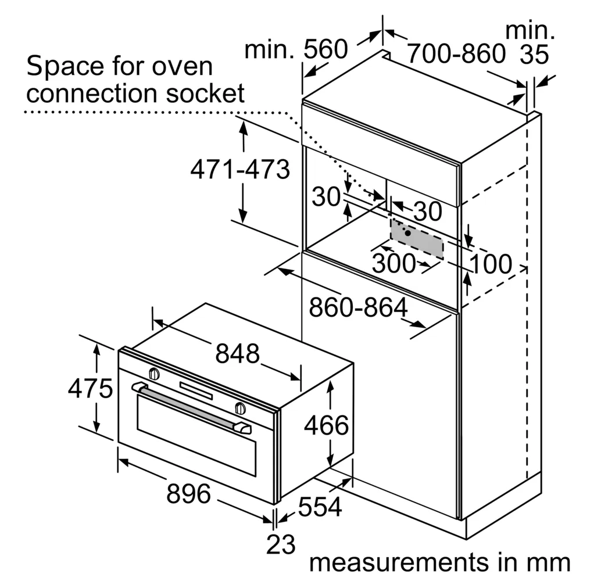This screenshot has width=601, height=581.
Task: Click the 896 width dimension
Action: coord(188,493)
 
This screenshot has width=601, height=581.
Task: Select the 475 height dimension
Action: coord(91,388)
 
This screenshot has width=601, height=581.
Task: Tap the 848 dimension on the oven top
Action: coord(238,353)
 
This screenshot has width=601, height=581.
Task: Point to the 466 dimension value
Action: coord(327,425)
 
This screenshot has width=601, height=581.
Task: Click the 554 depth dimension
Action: coord(320,507)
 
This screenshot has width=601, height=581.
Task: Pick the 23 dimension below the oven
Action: coord(281,544)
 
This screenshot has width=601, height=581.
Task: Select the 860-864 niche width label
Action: coord(359,307)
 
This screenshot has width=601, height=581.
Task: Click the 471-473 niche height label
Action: coord(240,170)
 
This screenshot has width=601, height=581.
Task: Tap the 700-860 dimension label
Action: coord(456,53)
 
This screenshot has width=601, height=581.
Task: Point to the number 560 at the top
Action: coord(326,49)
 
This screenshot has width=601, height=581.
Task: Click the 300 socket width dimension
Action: coord(393,263)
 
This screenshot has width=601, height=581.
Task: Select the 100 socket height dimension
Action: coord(491,264)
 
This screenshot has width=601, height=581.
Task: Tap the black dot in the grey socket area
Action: coord(408,233)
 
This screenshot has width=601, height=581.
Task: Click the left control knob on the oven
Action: coord(154,373)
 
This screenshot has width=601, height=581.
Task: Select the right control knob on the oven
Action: coord(240,408)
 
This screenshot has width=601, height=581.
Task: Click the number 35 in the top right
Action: coord(535,55)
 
